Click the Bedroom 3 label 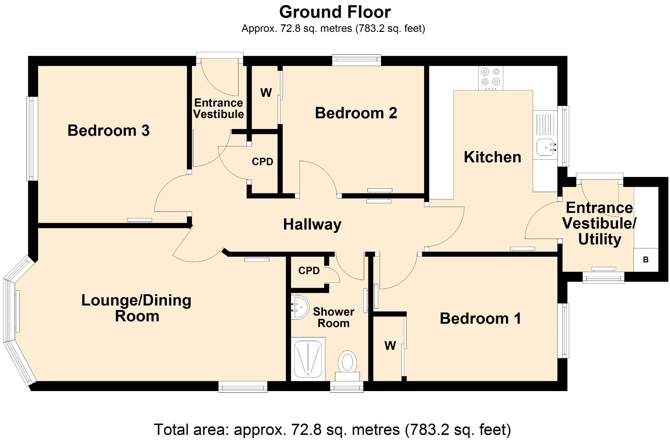coord(109,130)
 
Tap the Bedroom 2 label coord(356,113)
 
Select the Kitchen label coord(492,157)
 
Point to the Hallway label coord(312,225)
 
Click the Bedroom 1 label coord(480,318)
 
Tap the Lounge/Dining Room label coord(136,308)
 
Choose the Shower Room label coord(334,317)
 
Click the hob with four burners coord(491,78)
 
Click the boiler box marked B coord(646,260)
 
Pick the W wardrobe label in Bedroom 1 coord(390,345)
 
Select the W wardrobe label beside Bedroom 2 coord(266,92)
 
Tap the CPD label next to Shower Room coord(309,271)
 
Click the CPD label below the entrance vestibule coord(263,162)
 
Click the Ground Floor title coord(335,12)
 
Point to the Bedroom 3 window coord(32,139)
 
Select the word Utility coord(600,239)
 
